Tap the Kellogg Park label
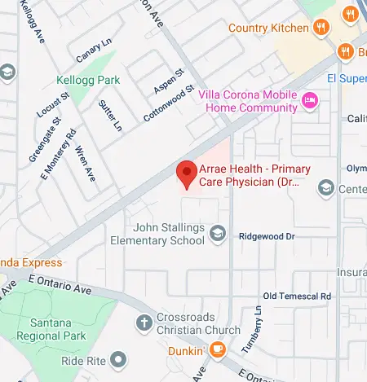click(x=88, y=81)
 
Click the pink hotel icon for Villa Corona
click(x=309, y=101)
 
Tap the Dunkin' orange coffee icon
click(x=217, y=349)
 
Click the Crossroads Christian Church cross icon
click(x=144, y=321)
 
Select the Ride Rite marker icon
click(x=119, y=358)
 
